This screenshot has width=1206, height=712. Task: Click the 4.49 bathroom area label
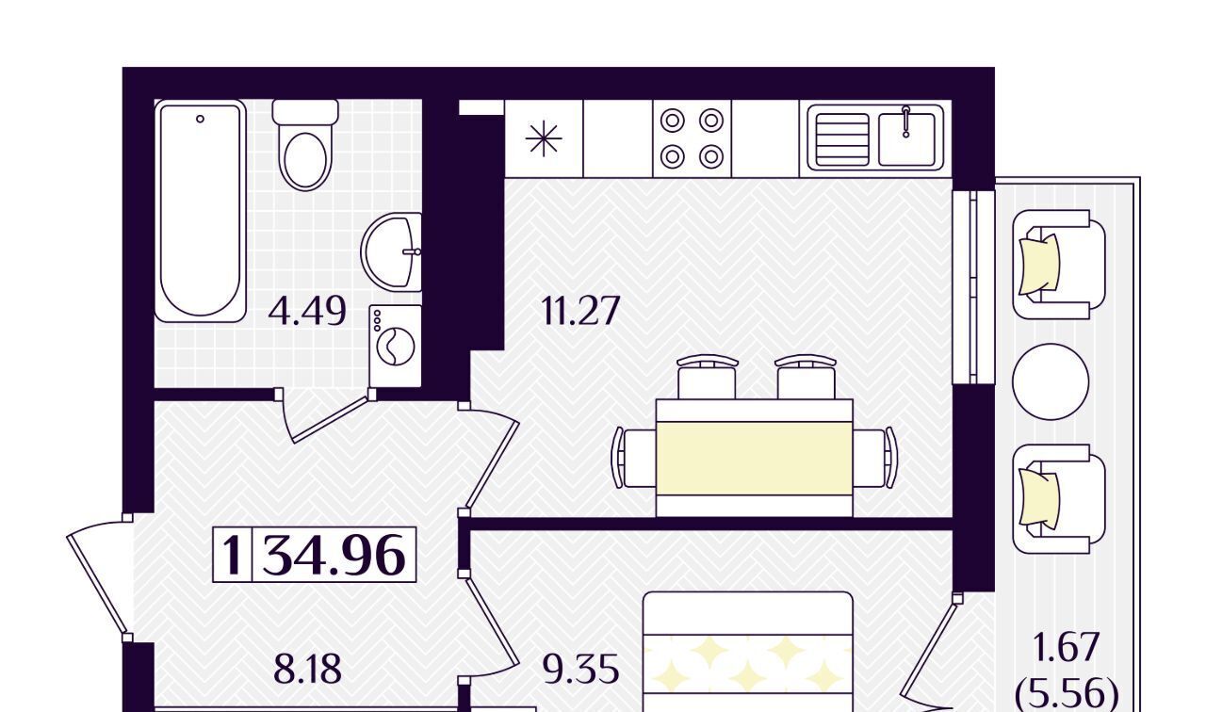(307, 312)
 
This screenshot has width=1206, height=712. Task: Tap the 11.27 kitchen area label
(581, 311)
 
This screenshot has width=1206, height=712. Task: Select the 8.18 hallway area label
(307, 670)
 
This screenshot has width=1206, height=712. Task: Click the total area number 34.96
(334, 555)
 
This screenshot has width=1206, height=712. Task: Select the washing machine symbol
(396, 346)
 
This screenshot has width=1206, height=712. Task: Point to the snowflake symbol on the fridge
(544, 138)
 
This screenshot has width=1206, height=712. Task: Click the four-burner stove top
(692, 138)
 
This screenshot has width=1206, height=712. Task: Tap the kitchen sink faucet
(906, 121)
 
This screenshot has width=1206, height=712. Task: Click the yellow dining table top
(755, 458)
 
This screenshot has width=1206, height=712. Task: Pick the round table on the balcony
(1051, 381)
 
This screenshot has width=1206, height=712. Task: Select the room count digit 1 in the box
(233, 555)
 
